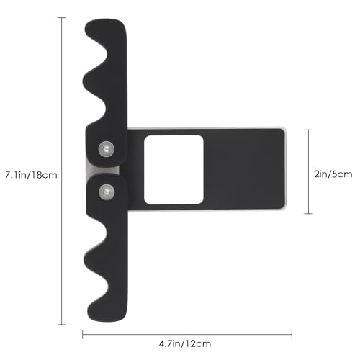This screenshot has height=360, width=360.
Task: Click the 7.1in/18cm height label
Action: coord(31,175)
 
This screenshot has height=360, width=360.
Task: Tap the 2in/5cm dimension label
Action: coord(333,174)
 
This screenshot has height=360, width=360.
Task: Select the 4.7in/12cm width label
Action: coord(185,343)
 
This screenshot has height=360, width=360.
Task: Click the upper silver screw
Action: coord(106,149)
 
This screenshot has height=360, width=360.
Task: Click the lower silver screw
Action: coord(107,192)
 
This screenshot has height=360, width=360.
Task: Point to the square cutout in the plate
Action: coord(174,170)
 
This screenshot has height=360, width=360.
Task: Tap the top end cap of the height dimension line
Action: coord(62,18)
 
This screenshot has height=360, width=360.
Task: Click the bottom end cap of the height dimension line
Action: coord(62,325)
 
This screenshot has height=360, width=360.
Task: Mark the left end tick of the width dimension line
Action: coord(83,334)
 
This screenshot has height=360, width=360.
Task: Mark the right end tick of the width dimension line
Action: coord(292,334)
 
